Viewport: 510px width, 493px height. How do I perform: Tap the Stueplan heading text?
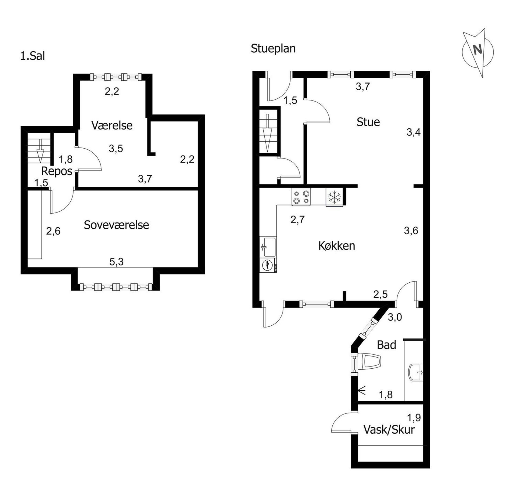tap(273, 49)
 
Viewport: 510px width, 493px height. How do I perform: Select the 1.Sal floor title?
tap(33, 56)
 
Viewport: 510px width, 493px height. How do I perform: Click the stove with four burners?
tap(301, 197)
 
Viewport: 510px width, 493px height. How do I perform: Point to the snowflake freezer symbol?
tap(334, 197)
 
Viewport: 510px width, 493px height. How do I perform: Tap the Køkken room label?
tap(337, 246)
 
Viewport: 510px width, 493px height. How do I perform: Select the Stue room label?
tap(368, 122)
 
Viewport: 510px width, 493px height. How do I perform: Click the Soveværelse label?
tap(116, 225)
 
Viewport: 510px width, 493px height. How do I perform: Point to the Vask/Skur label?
tap(389, 430)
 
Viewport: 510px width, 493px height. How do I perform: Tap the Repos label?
tap(57, 171)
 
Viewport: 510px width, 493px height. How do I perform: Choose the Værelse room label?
tap(112, 125)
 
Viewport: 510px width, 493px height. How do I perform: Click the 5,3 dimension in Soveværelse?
tap(116, 262)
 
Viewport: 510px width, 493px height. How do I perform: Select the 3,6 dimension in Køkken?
tap(411, 231)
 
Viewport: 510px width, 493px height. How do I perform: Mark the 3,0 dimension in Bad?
tap(395, 317)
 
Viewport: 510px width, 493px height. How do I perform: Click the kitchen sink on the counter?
tap(268, 247)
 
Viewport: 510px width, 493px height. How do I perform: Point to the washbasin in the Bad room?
tap(416, 372)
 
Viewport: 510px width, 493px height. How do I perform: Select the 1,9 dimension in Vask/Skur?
tap(414, 418)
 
